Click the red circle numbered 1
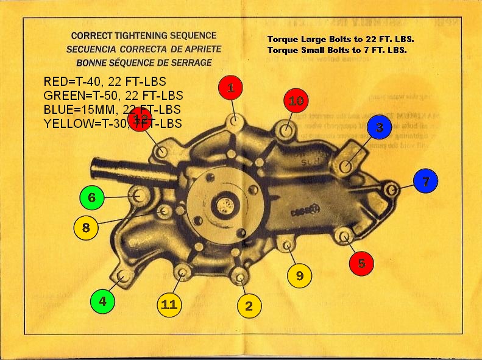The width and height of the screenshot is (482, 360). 230,88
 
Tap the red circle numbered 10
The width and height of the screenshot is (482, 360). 296,101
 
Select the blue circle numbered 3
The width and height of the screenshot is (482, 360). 379,128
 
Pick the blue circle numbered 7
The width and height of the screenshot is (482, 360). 425,182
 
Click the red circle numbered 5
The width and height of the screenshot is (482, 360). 361,263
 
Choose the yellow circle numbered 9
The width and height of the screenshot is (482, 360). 299,275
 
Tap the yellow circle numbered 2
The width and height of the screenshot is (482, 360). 249,306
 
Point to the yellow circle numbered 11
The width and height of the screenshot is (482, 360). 169,305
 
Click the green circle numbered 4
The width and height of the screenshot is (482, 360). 102,301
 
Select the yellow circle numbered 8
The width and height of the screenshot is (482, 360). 86,228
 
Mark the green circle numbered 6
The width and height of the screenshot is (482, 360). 91,197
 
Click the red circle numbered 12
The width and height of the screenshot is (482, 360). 140,117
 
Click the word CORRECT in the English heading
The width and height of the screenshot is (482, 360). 91,36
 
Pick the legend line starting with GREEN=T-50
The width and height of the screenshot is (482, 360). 113,96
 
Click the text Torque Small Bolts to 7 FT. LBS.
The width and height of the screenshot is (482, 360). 336,50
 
